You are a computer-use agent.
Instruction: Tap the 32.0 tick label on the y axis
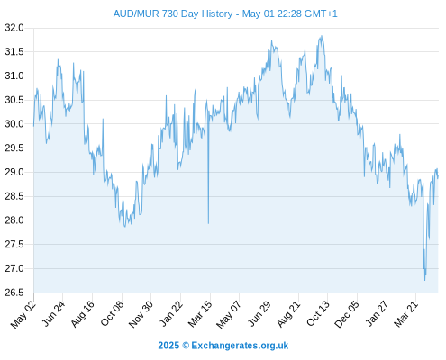[14, 28]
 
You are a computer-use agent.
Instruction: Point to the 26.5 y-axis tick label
[14, 292]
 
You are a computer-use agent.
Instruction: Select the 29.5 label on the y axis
[14, 148]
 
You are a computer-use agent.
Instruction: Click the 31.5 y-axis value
[14, 52]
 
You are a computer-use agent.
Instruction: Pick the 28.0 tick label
[14, 220]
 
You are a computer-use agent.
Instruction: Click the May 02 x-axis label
[23, 313]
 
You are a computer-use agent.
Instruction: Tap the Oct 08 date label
[112, 313]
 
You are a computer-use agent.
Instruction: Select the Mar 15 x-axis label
[200, 313]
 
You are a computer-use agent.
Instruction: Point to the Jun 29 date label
[259, 313]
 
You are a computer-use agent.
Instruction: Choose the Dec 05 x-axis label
[347, 313]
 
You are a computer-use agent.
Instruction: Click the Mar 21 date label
[405, 313]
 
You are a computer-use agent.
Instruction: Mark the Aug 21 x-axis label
[288, 313]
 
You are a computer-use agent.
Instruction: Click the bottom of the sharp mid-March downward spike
[208, 223]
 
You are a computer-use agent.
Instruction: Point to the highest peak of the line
[322, 36]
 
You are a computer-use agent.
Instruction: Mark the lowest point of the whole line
[424, 280]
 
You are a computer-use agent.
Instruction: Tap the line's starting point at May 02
[33, 126]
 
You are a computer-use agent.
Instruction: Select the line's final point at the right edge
[438, 177]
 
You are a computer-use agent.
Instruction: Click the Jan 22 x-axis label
[170, 313]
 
